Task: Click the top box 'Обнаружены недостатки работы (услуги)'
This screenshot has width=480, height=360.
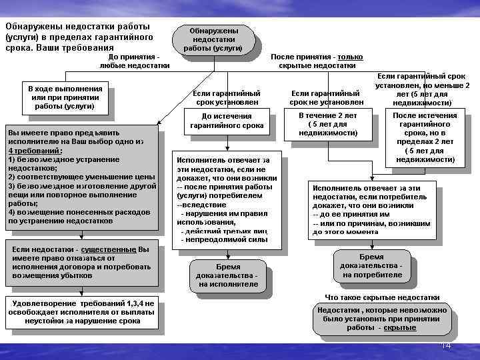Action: tap(213, 40)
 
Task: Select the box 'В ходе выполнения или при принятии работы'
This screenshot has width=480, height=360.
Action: tap(65, 97)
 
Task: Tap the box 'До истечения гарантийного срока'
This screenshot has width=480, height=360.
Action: tap(227, 121)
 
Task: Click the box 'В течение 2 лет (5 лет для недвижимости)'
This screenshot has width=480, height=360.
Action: tap(328, 124)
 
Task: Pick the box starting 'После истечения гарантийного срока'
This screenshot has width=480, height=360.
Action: tap(425, 137)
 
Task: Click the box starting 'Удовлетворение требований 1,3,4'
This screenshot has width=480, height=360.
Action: tap(81, 312)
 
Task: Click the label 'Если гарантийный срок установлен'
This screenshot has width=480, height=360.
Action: tap(226, 98)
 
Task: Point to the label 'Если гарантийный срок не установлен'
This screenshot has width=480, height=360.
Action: tap(326, 98)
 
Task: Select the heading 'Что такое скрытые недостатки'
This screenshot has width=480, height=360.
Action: tap(382, 297)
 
